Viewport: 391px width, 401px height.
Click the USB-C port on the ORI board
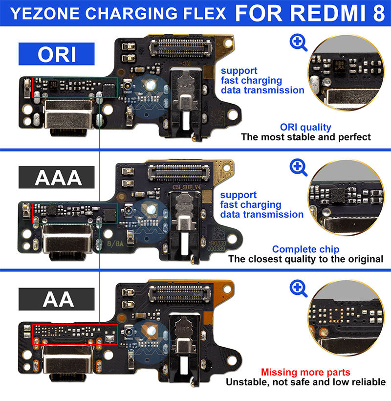(67, 116)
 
